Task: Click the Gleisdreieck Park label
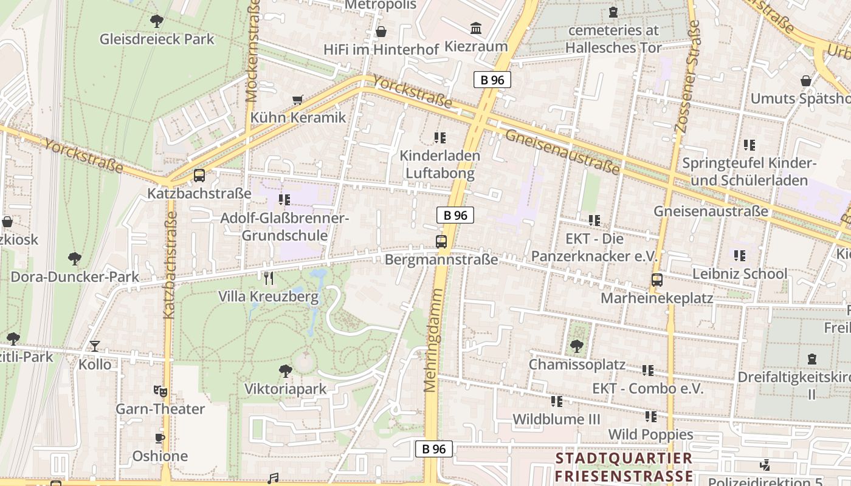157,39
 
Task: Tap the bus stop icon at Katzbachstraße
199,176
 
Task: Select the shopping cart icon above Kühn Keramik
298,100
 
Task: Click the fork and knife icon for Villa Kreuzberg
269,278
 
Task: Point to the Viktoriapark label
285,389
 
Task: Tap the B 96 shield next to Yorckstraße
492,80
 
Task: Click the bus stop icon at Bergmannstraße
441,241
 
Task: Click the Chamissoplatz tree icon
576,347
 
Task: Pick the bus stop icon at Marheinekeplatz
656,280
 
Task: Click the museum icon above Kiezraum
476,29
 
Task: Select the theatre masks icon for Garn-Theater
160,391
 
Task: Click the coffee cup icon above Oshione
160,438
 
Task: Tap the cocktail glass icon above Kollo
95,346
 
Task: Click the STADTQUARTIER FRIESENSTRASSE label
624,467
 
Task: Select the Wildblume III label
556,419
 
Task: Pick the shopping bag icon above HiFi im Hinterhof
381,32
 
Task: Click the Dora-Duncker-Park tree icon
74,259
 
